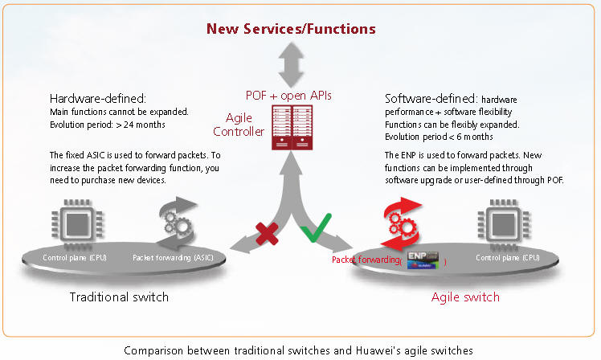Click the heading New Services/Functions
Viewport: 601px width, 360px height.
click(291, 29)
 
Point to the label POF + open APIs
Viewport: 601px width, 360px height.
click(290, 96)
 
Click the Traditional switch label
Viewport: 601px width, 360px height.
click(119, 297)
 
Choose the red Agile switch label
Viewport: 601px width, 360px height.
click(465, 297)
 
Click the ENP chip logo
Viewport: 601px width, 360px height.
click(424, 260)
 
